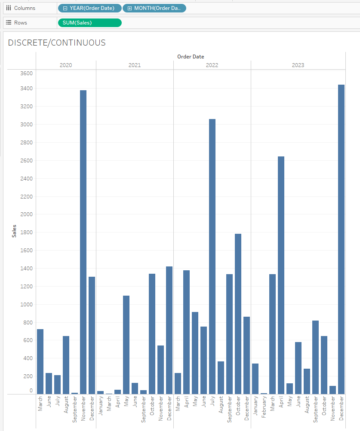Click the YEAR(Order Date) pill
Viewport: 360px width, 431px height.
pos(89,8)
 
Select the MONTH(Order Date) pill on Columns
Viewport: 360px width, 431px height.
pos(154,8)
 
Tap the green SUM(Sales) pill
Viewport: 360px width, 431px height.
pos(89,23)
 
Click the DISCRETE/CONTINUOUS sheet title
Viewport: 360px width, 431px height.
pos(57,43)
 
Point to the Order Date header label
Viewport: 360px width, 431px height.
pos(191,56)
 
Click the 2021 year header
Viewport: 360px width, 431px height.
pos(135,65)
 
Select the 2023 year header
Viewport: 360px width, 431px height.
pos(298,65)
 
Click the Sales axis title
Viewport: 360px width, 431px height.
pos(14,231)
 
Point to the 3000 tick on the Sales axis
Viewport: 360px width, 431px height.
pos(26,125)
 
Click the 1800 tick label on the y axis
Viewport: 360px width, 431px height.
pos(26,232)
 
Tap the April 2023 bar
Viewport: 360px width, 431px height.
pos(281,275)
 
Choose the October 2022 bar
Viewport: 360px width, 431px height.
pos(238,314)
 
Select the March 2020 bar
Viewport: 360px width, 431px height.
pos(40,361)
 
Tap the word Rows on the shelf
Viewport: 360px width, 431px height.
pos(21,23)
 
